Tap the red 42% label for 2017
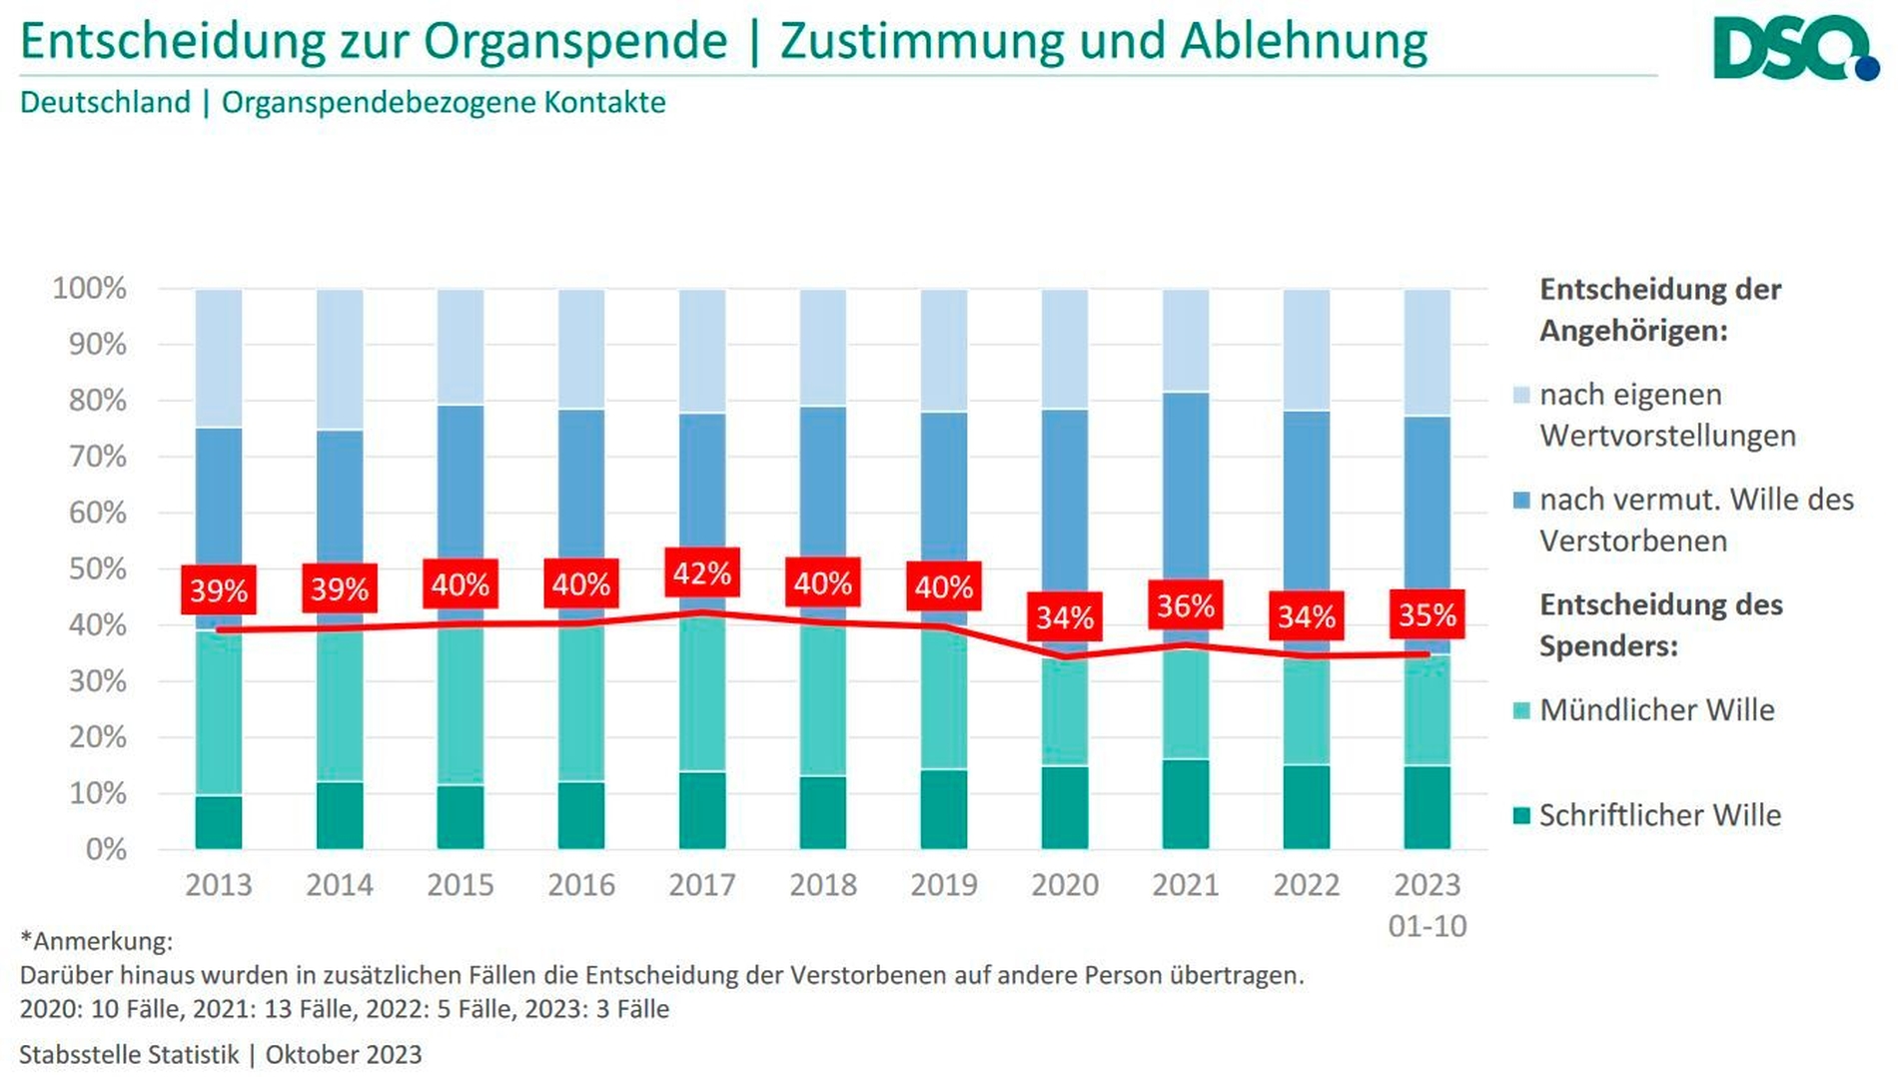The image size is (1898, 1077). click(702, 573)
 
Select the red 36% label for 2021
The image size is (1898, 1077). click(1186, 605)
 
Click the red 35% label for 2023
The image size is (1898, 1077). click(1427, 614)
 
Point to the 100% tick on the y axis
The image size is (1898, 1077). click(90, 289)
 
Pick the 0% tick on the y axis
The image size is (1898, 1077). click(105, 850)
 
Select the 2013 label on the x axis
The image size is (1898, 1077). click(219, 885)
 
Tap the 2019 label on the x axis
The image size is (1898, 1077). click(944, 885)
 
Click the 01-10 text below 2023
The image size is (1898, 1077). click(1427, 926)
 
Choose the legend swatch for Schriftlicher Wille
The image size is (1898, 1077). click(1522, 816)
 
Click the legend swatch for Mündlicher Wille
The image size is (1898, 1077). click(1522, 711)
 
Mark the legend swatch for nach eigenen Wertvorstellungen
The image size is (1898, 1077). click(1522, 396)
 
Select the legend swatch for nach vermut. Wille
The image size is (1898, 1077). click(1522, 501)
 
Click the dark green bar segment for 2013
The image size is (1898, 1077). click(219, 822)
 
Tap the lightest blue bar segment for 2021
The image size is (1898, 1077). click(1186, 341)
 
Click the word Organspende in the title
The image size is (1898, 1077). click(575, 42)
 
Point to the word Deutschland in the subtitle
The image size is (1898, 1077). click(105, 103)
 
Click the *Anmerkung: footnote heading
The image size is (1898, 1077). click(97, 941)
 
